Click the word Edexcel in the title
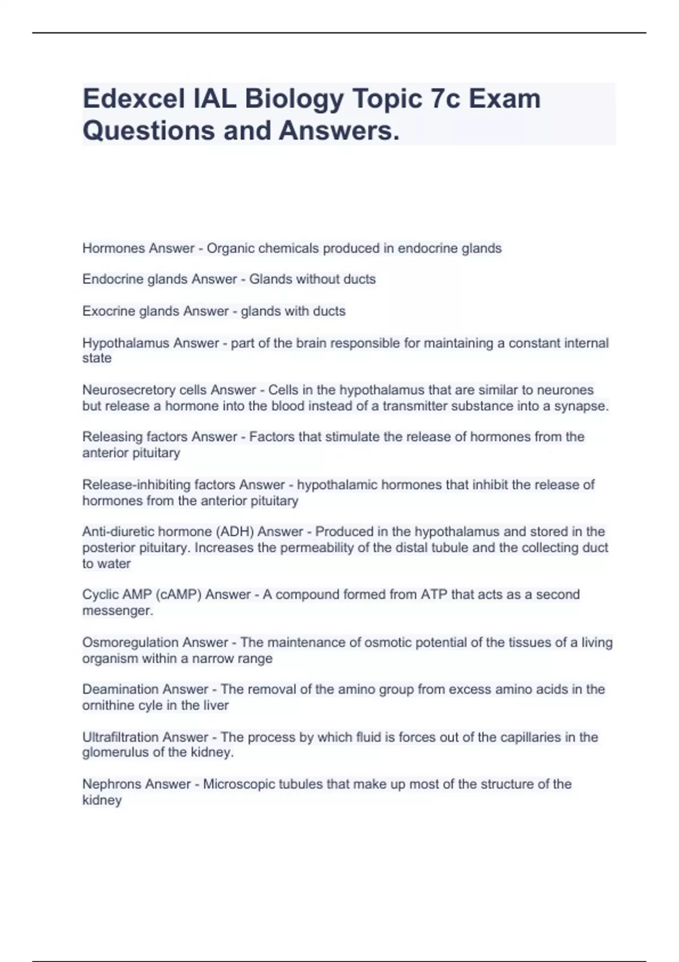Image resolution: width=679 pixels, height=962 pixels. [134, 99]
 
